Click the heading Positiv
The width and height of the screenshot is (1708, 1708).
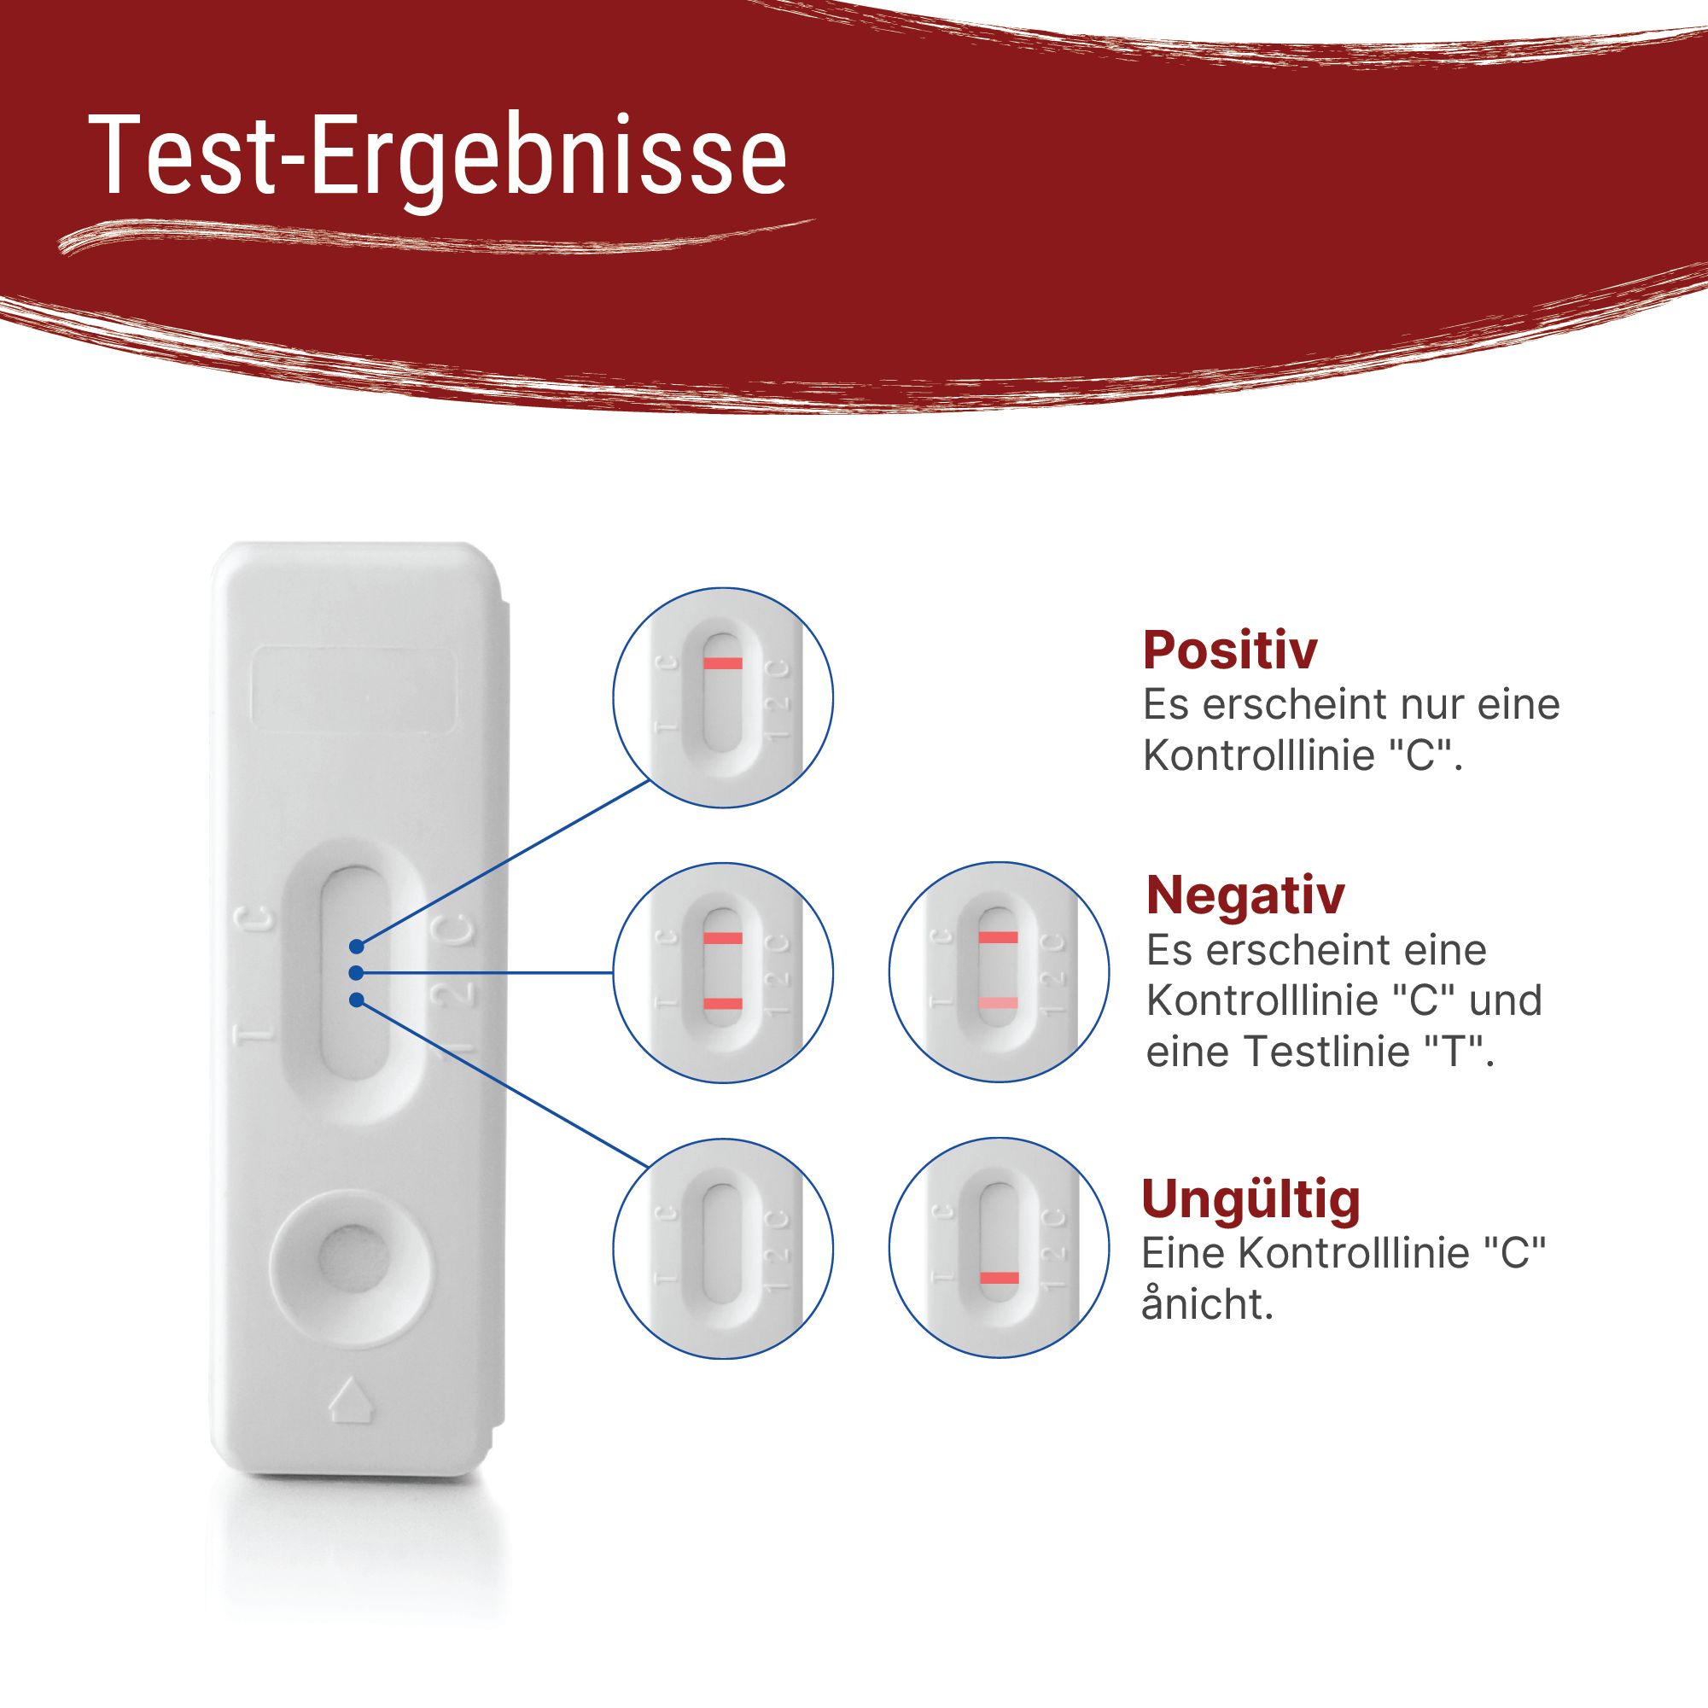pos(1229,650)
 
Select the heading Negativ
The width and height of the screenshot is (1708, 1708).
pos(1245,895)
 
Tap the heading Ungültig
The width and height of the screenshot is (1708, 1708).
pos(1250,1199)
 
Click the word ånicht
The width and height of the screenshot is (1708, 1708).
pos(1207,1305)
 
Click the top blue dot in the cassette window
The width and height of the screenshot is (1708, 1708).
pos(356,946)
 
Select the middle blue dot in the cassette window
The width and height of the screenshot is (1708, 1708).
pos(355,972)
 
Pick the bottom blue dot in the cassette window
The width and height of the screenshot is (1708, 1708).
pos(356,1000)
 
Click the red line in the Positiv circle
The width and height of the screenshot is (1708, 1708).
pos(722,663)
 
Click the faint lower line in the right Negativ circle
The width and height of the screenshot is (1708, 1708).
pos(998,1002)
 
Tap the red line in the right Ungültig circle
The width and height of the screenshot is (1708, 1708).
pos(999,1278)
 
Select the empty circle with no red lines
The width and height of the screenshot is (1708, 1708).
pos(722,1247)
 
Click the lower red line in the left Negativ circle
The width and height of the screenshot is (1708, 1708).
pos(722,1002)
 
